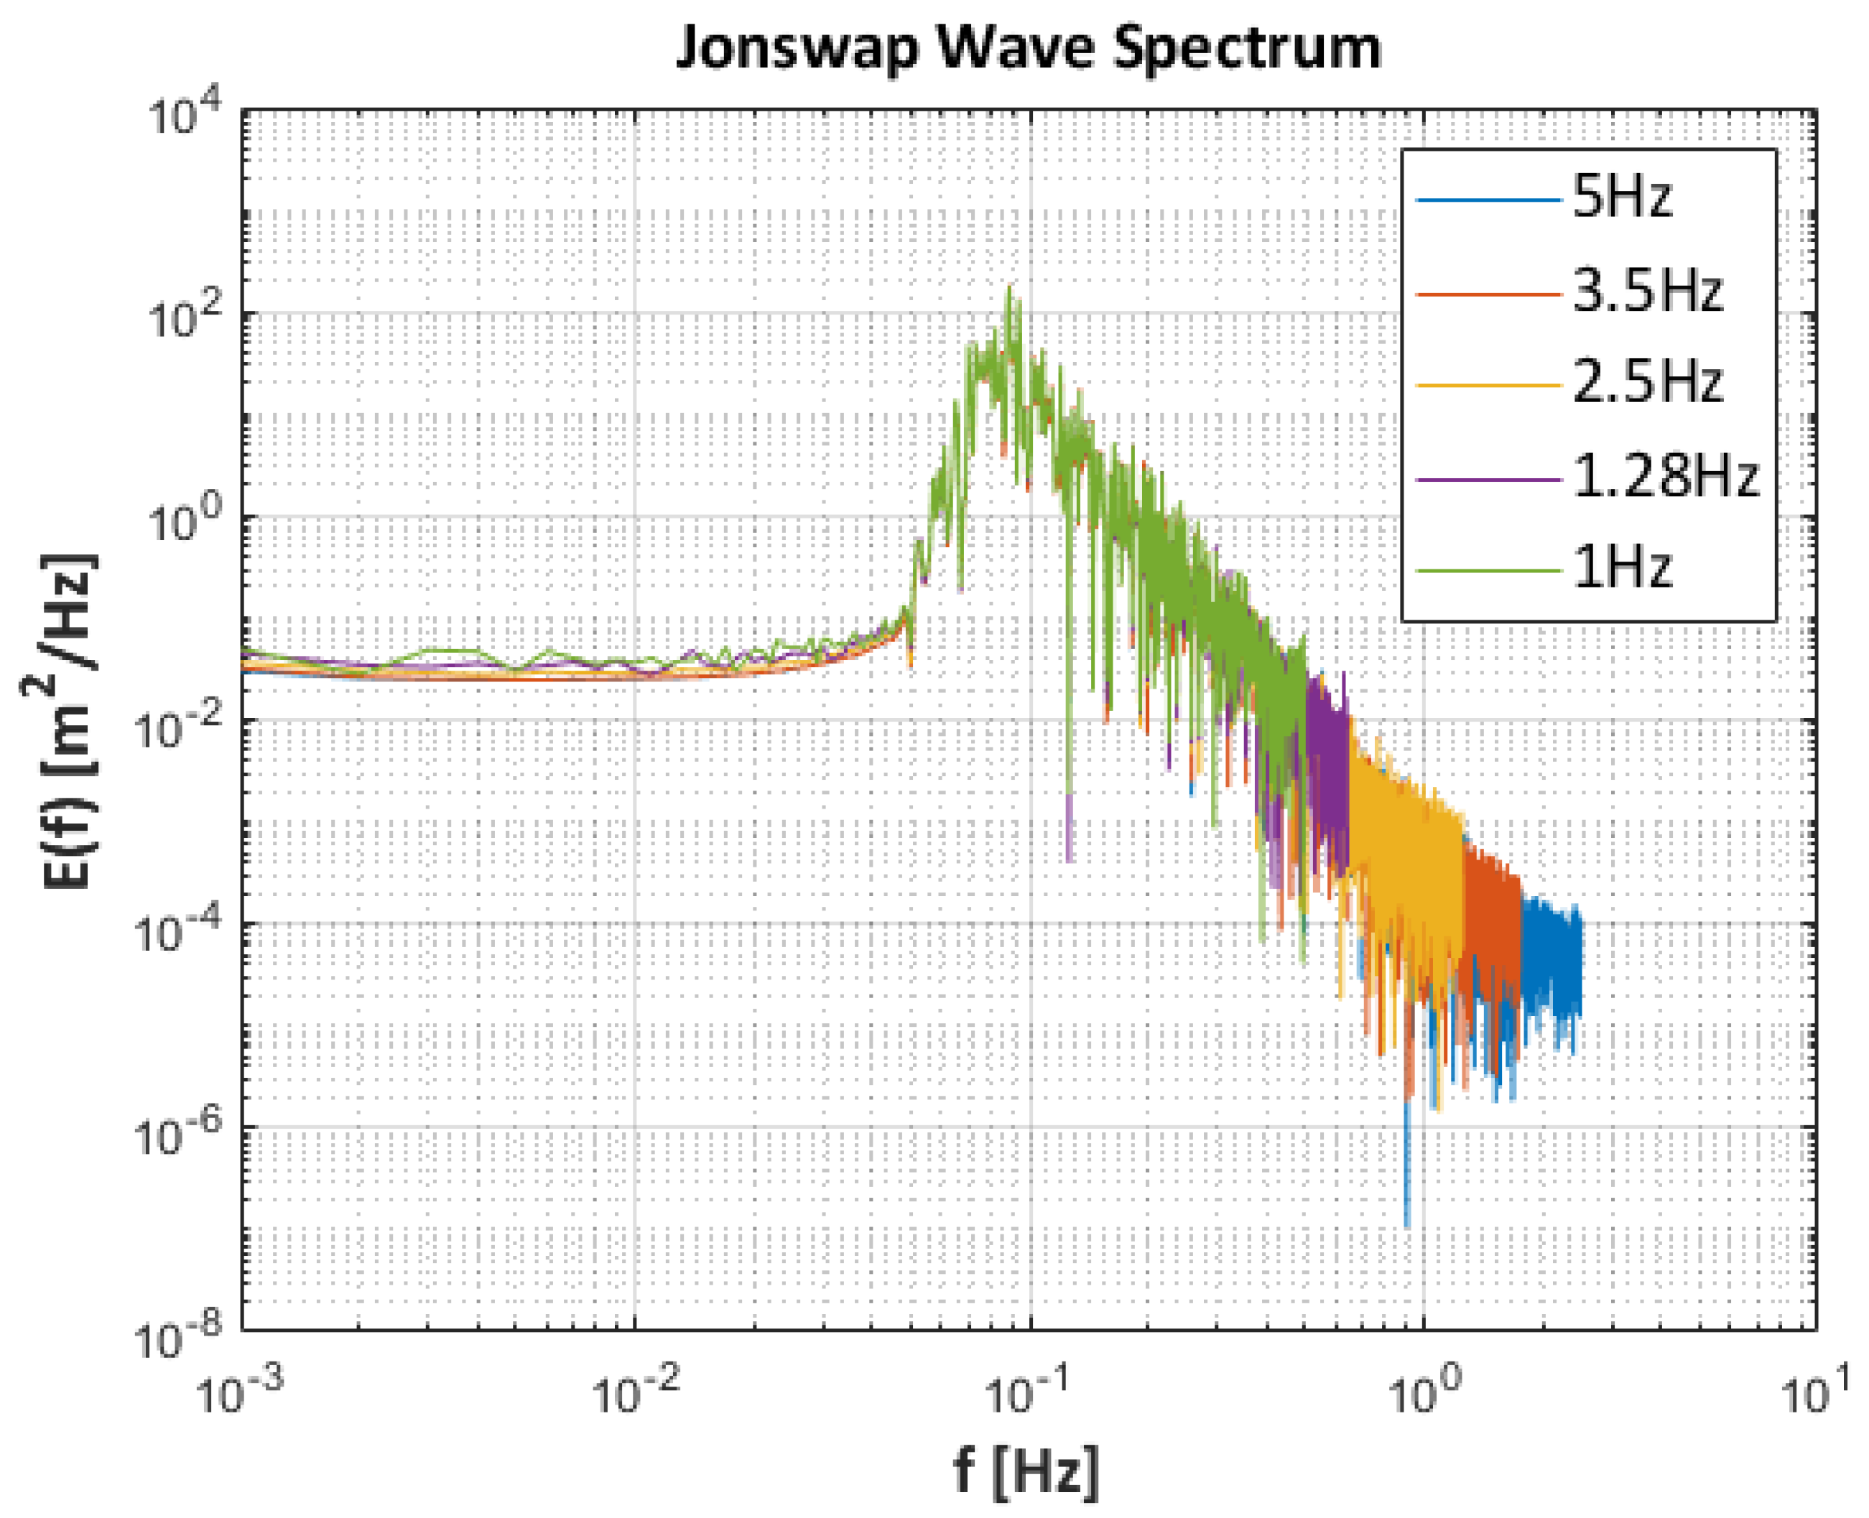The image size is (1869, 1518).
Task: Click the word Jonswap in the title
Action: pyautogui.click(x=797, y=48)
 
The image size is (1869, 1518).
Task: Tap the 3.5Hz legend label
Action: pyautogui.click(x=1647, y=292)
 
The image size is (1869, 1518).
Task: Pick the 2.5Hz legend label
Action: pyautogui.click(x=1647, y=383)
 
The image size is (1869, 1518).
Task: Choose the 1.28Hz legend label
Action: pyautogui.click(x=1664, y=477)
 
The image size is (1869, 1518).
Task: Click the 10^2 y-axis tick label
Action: pyautogui.click(x=184, y=318)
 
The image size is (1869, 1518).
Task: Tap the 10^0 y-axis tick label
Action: pyautogui.click(x=184, y=522)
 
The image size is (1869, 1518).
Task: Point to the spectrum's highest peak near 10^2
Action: pyautogui.click(x=1010, y=289)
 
